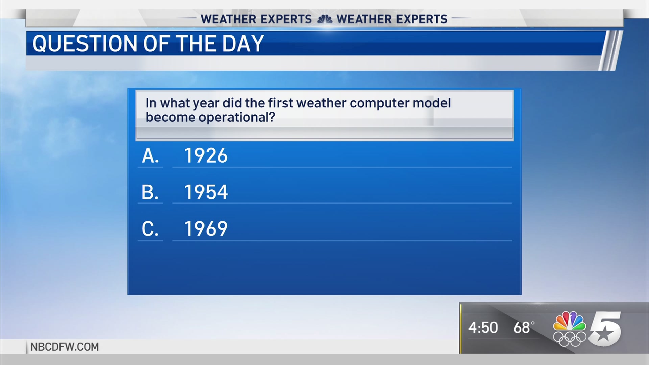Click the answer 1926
point(206,155)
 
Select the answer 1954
point(206,192)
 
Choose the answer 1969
point(206,228)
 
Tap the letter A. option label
point(150,156)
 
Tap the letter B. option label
point(150,192)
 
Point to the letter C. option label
point(150,229)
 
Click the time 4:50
point(483,327)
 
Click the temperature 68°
point(524,327)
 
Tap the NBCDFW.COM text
point(65,347)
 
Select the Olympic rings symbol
point(570,339)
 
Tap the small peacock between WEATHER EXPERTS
point(324,19)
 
